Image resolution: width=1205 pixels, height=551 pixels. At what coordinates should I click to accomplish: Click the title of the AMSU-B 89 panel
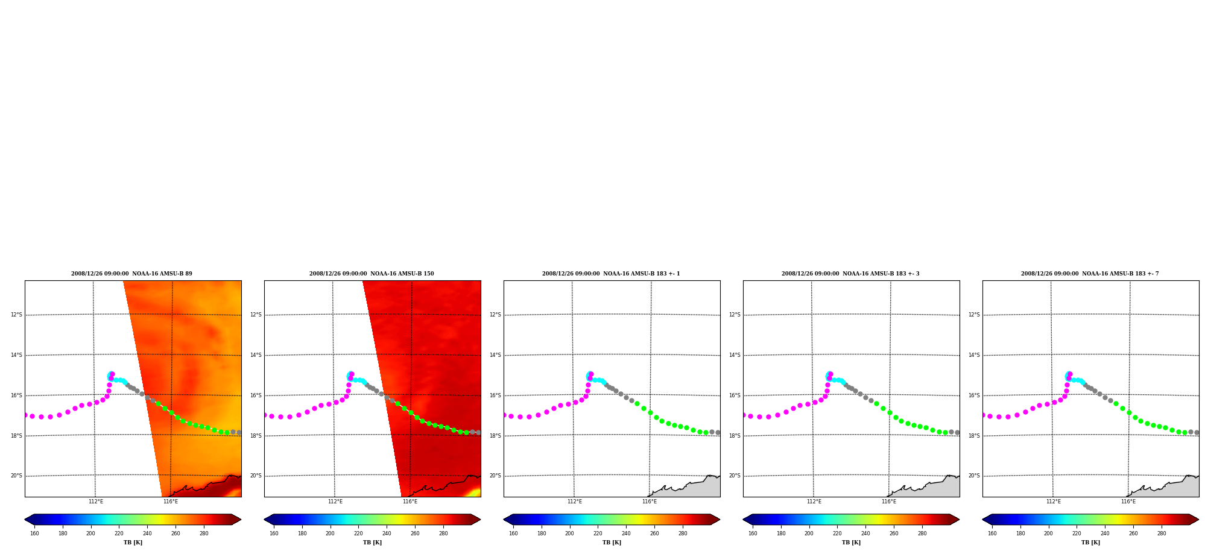click(x=131, y=274)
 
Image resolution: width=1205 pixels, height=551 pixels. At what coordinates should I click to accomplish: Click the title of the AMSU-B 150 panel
click(x=372, y=274)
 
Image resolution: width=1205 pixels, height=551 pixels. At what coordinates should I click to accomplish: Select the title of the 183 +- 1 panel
click(x=611, y=274)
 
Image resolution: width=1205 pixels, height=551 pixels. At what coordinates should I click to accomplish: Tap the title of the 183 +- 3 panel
click(x=850, y=274)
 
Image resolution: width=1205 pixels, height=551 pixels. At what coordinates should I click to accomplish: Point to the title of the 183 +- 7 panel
click(x=1090, y=274)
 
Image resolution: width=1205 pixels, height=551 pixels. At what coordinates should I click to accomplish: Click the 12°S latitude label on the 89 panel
click(x=16, y=315)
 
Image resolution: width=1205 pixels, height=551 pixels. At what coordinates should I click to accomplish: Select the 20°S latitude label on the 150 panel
click(x=256, y=476)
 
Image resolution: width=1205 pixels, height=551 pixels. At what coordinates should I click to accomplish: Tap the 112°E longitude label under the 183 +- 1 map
click(x=575, y=502)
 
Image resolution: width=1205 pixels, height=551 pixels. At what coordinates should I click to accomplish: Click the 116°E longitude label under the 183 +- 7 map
click(x=1128, y=502)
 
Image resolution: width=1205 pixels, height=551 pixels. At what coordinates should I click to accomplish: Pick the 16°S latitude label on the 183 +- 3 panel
click(x=735, y=395)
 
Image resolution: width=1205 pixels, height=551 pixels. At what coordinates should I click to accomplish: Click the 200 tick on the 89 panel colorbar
click(x=90, y=534)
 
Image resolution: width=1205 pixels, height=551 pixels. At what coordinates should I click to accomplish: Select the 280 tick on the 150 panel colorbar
click(x=443, y=534)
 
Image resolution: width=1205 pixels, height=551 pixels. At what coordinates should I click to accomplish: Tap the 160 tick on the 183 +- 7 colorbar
click(x=992, y=534)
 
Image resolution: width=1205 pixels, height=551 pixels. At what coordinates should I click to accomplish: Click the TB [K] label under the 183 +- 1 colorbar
click(x=612, y=543)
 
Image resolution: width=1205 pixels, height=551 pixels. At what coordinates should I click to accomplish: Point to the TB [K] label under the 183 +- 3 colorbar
click(x=851, y=543)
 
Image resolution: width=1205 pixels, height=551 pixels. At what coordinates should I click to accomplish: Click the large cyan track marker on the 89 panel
click(x=110, y=376)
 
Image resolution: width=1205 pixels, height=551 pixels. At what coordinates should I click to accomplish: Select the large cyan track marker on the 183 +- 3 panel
click(x=829, y=376)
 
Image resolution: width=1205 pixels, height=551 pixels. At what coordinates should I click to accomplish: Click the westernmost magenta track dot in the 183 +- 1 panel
click(x=505, y=415)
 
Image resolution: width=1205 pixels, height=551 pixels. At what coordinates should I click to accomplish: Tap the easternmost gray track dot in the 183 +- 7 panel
click(x=1197, y=432)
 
